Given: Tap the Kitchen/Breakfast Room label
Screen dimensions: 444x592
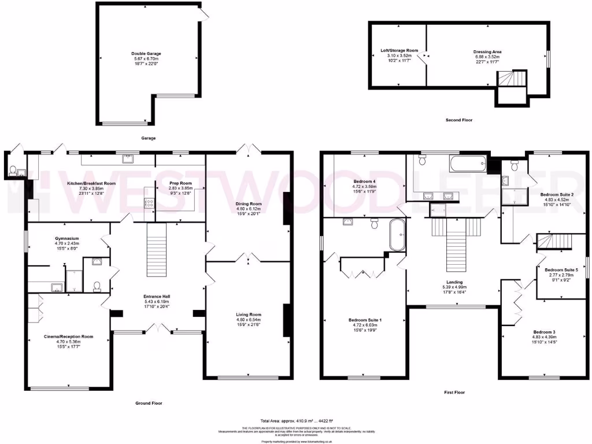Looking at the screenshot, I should [91, 183].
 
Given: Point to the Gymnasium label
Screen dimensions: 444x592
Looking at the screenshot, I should [66, 238].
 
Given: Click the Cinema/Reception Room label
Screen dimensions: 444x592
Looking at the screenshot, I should [68, 336].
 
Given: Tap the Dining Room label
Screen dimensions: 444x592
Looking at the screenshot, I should [248, 204].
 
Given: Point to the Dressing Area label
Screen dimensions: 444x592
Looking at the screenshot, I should [487, 51].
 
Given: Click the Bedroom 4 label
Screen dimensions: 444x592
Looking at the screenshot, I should [365, 181].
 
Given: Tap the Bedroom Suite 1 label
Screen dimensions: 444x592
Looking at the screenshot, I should [365, 320].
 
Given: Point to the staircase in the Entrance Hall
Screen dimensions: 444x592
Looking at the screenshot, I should [157, 250].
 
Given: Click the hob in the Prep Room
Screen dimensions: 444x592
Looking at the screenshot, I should [149, 203].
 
